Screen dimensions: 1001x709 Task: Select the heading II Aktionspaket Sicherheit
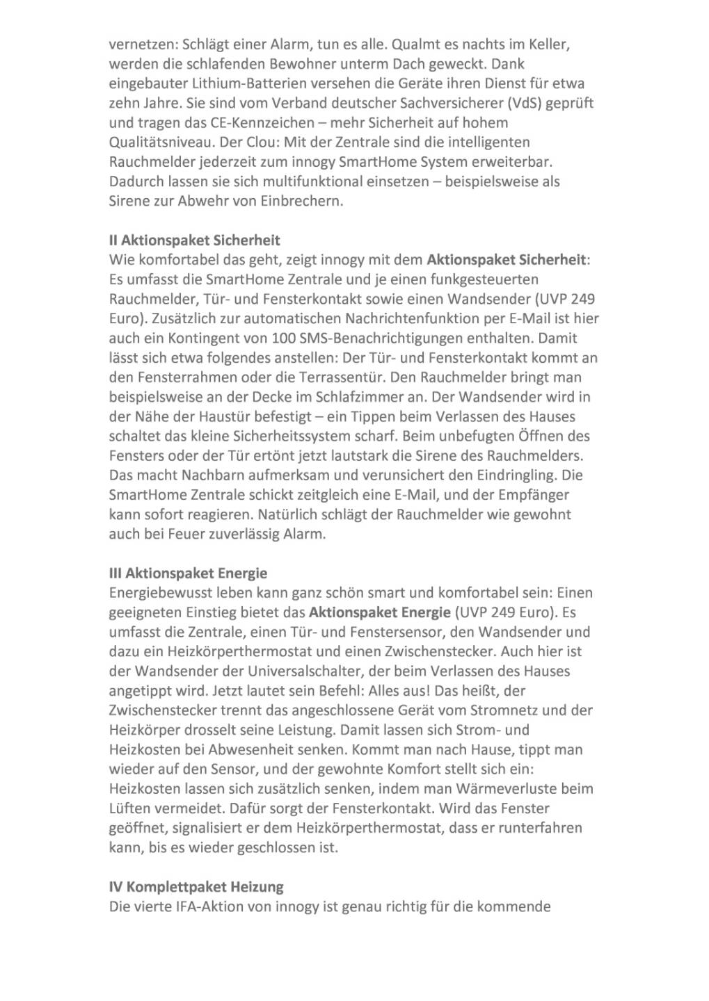pos(195,241)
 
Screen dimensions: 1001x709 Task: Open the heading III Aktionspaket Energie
pos(188,573)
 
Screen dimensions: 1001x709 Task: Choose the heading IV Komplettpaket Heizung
pos(196,887)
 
